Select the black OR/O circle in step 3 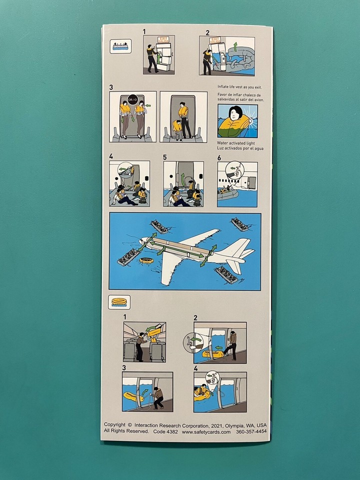132,99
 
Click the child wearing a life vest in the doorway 176,129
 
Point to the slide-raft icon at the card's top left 120,46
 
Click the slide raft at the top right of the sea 239,224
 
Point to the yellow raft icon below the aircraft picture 119,302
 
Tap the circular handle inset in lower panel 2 191,342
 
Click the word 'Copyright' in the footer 114,425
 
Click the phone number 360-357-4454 251,431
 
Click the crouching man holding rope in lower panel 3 158,397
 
